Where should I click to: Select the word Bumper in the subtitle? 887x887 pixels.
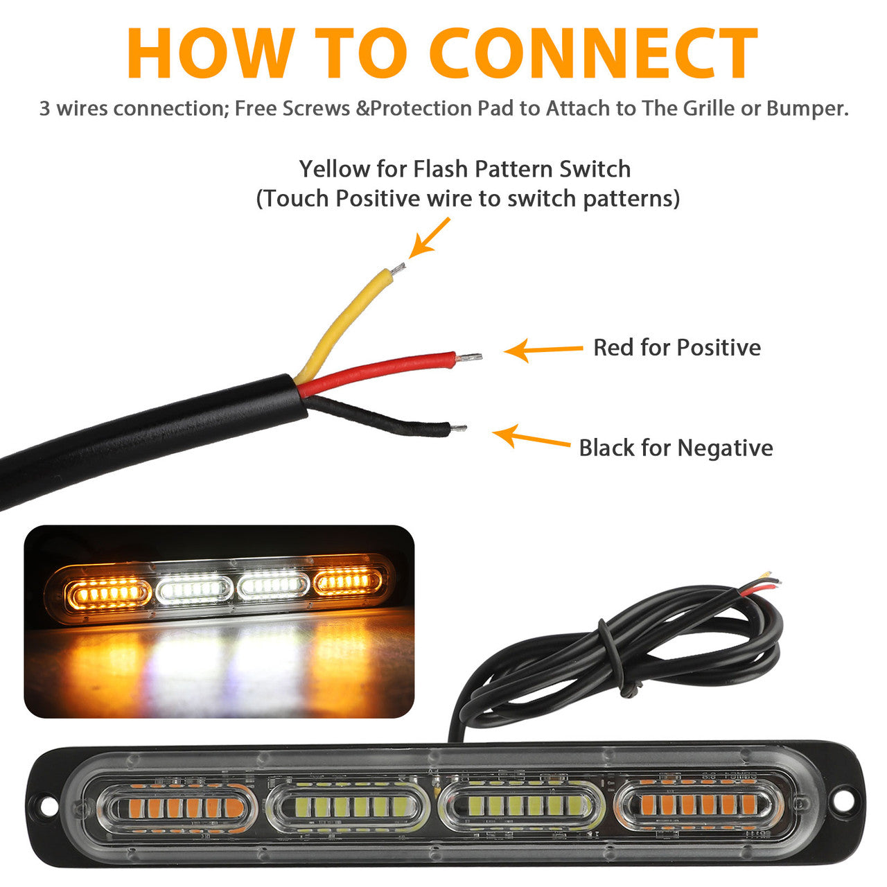pyautogui.click(x=808, y=109)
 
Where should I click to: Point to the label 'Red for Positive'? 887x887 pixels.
pyautogui.click(x=677, y=348)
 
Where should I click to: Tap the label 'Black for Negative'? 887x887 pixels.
pyautogui.click(x=676, y=448)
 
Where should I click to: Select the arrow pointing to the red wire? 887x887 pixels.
pyautogui.click(x=543, y=350)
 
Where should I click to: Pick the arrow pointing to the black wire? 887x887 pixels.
pyautogui.click(x=531, y=437)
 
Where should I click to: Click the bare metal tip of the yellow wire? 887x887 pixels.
pyautogui.click(x=398, y=268)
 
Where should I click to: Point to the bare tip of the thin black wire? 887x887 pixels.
pyautogui.click(x=458, y=428)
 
